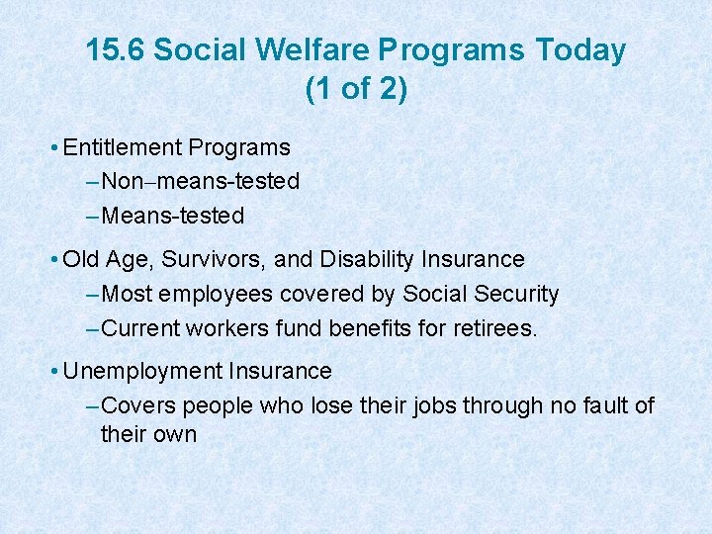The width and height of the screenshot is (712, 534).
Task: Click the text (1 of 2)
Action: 356,89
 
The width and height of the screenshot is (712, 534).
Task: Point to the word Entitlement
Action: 123,148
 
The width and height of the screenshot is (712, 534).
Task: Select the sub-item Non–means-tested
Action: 201,182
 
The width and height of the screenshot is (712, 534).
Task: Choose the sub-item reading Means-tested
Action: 173,216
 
